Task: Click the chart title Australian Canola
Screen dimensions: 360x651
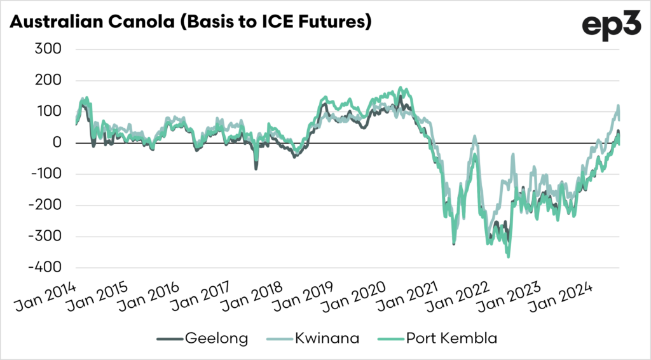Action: (190, 22)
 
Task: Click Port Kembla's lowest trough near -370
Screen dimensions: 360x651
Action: (508, 256)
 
